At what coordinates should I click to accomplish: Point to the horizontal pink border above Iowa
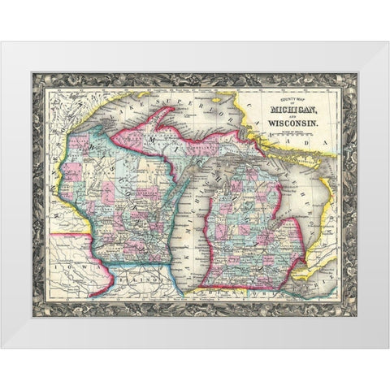coord(69,236)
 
